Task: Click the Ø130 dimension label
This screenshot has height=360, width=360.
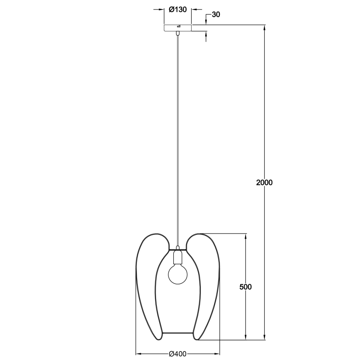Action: point(177,10)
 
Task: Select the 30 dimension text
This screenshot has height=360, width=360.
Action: point(215,15)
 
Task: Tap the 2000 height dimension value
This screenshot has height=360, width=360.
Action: point(264,182)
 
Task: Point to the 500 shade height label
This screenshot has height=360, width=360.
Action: point(246,287)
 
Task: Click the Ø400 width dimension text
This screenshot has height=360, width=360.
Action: point(178,353)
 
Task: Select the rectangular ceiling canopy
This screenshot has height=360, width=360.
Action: point(178,28)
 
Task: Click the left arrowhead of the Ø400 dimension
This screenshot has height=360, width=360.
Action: point(139,353)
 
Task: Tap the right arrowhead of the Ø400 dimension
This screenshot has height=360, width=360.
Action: point(217,353)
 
